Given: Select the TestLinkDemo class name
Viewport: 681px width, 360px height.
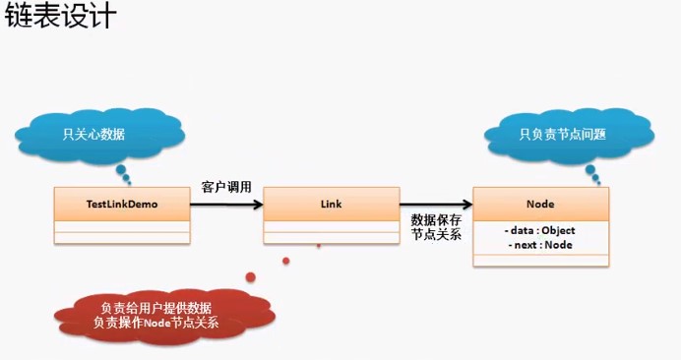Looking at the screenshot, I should click(122, 204).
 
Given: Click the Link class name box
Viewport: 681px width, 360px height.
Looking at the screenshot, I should click(331, 204).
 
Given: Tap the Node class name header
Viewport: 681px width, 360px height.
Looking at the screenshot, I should click(540, 204).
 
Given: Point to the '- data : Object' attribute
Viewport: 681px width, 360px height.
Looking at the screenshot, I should click(540, 230).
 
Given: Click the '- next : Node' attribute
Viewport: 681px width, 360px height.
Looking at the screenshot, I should click(540, 244).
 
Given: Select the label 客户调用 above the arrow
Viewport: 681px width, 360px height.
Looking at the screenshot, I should click(226, 186).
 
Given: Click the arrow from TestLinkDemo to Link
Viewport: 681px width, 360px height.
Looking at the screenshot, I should click(226, 205).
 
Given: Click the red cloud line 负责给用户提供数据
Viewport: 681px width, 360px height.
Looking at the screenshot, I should click(155, 307).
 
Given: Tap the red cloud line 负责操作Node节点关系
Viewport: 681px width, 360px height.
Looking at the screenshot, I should click(155, 322).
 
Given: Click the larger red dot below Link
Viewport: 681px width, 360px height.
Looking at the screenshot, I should click(251, 275).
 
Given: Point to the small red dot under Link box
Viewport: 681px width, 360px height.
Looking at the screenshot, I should click(286, 261).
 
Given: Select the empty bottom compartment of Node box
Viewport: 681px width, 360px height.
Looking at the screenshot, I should click(540, 259).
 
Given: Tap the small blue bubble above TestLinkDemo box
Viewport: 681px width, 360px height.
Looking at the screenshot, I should click(128, 180).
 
